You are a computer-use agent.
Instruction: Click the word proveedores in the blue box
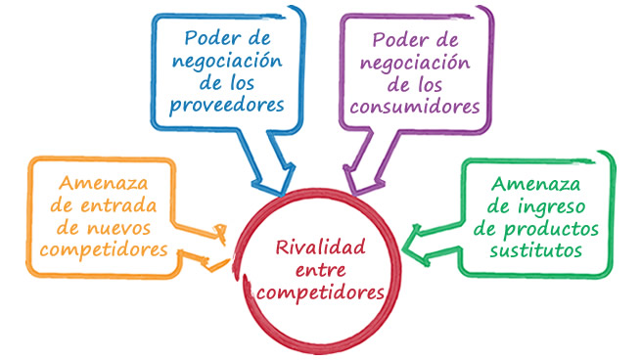[x=227, y=106]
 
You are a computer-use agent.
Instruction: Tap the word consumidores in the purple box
[x=415, y=107]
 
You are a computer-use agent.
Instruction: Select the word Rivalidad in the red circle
[x=321, y=247]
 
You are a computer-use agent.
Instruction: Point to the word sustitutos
[x=536, y=249]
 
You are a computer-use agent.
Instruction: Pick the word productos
[x=551, y=230]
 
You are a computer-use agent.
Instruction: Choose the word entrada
[x=118, y=205]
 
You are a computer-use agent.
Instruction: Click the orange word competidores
[x=104, y=250]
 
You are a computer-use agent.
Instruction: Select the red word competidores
[x=321, y=293]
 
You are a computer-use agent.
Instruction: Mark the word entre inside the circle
[x=321, y=271]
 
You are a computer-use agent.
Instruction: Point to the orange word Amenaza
[x=103, y=183]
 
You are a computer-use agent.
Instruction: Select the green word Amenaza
[x=535, y=184]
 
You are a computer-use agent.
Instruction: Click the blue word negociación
[x=227, y=62]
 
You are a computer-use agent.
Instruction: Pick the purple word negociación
[x=415, y=64]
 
